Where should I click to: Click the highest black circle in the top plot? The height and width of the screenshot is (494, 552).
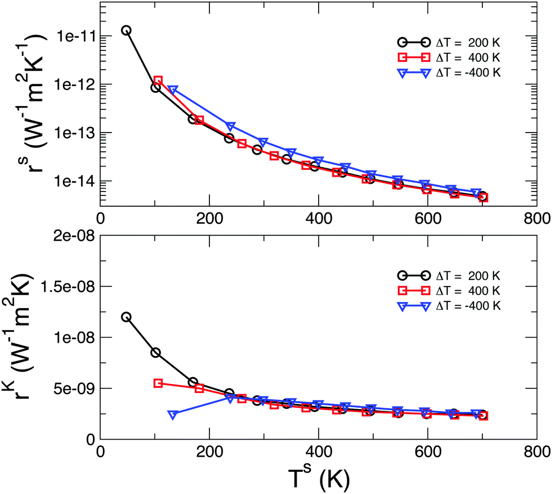tap(126, 30)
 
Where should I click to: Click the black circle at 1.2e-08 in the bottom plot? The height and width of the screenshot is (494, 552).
tap(126, 317)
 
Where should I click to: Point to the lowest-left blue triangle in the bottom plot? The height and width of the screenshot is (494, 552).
tap(173, 415)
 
